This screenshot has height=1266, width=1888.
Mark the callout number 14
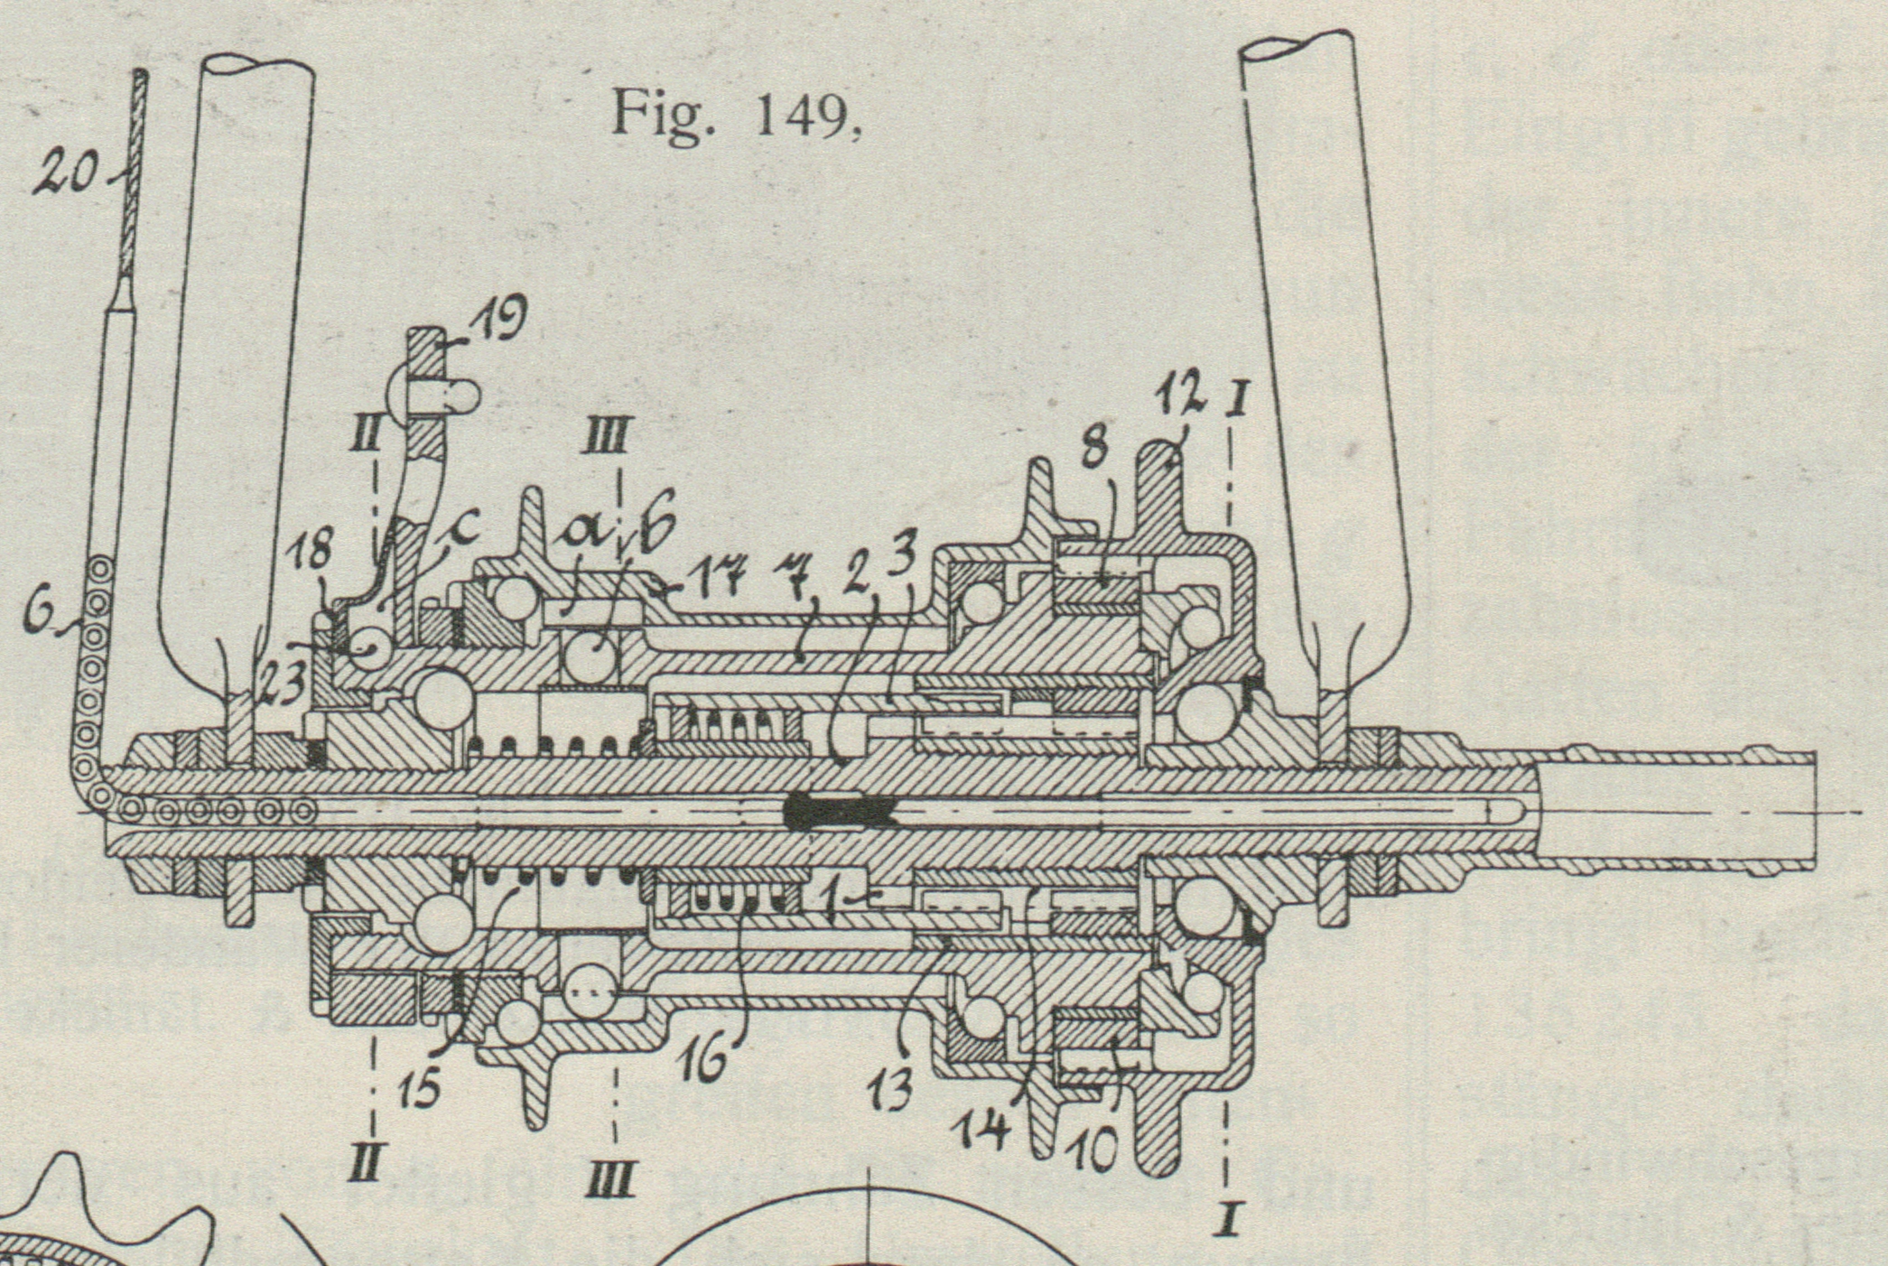[x=985, y=1130]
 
